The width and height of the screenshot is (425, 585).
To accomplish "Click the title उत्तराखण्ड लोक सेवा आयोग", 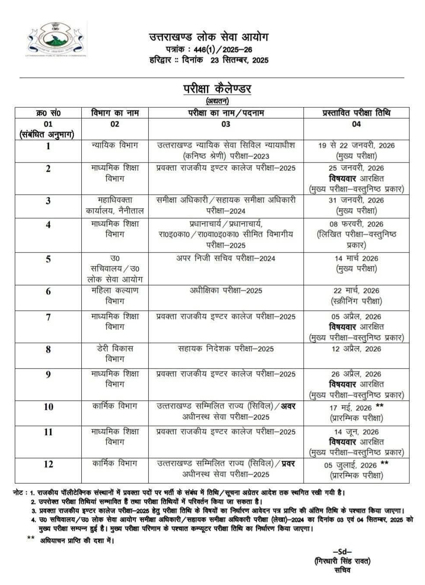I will [x=209, y=37].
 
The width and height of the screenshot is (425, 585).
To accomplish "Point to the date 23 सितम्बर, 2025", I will [x=239, y=60].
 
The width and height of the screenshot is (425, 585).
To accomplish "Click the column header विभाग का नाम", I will [x=115, y=113].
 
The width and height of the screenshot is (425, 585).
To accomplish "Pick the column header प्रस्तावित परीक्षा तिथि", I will [x=356, y=113].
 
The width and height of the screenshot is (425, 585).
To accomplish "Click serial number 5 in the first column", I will [x=48, y=259].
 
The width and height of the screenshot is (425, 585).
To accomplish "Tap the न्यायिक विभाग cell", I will [x=115, y=145].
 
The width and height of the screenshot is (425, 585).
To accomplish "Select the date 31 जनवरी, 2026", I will [x=356, y=200].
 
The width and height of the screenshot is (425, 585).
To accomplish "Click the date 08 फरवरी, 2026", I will [x=356, y=224].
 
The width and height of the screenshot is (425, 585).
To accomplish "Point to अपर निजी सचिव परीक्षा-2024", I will [x=226, y=258].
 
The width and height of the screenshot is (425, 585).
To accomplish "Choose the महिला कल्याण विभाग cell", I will [x=115, y=296].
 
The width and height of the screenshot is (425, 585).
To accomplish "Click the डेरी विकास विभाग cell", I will [x=115, y=353].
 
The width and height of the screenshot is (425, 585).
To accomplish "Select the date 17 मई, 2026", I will [x=351, y=408].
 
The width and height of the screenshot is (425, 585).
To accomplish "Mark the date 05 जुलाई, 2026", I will [x=351, y=465].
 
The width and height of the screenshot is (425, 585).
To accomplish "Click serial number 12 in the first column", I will [x=48, y=464].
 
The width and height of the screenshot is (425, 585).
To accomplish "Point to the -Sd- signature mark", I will [x=342, y=552].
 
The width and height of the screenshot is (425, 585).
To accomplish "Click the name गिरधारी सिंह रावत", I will [x=342, y=561].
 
